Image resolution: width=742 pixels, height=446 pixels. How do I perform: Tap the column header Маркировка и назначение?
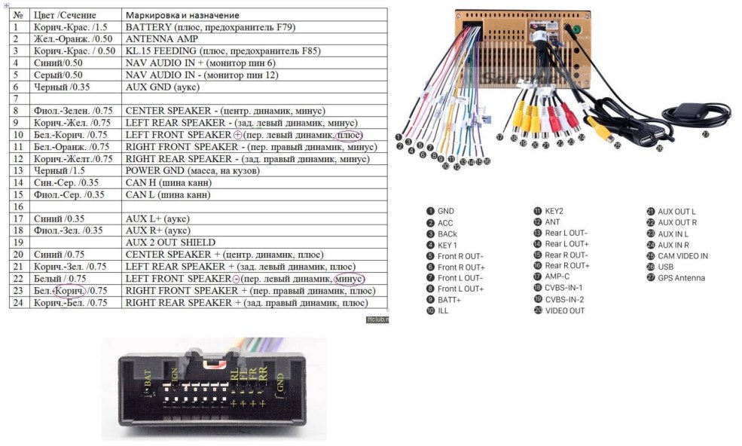182,15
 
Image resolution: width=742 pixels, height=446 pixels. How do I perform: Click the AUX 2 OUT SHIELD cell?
170,243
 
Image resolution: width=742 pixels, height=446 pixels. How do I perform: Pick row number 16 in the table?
17,206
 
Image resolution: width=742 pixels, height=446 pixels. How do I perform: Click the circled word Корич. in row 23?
69,290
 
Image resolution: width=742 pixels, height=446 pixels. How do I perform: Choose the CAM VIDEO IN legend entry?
682,255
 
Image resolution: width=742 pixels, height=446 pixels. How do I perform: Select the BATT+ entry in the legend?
449,300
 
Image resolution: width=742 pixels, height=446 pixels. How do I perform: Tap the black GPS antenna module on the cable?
687,110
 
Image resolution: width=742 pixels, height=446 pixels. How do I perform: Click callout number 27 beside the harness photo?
705,135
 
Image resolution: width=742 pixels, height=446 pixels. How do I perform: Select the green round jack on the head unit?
576,31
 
